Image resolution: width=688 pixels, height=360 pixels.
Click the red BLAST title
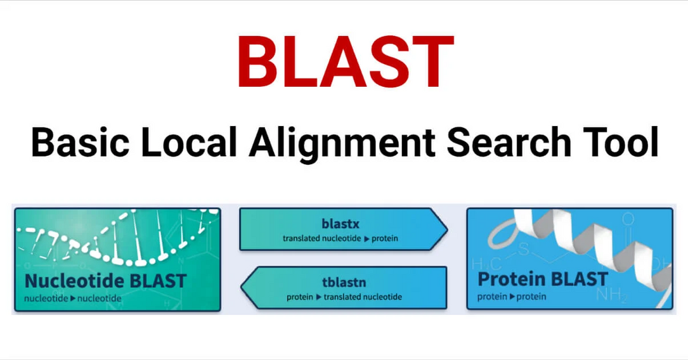(346, 62)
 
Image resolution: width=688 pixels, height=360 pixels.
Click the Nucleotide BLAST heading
(106, 281)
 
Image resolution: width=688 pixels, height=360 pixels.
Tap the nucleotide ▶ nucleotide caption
(73, 299)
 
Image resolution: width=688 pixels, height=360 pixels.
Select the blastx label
(341, 224)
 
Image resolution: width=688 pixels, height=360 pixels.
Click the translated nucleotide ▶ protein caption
(341, 238)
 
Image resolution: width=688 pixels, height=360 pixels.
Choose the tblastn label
(344, 283)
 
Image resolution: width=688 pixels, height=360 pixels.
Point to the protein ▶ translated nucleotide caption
(344, 297)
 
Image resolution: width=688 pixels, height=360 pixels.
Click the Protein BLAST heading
(543, 280)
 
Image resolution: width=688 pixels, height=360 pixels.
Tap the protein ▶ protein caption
(512, 297)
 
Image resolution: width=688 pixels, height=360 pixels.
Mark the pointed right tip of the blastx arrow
(447, 229)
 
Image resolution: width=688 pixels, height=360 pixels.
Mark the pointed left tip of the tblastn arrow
(242, 288)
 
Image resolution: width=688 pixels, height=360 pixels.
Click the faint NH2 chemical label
(612, 295)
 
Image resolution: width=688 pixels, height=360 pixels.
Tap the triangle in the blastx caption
(367, 239)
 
